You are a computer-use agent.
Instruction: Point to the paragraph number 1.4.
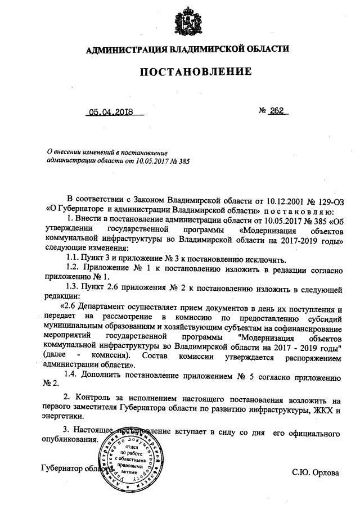(x=73, y=374)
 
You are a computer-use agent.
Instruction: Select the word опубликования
(x=70, y=439)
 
